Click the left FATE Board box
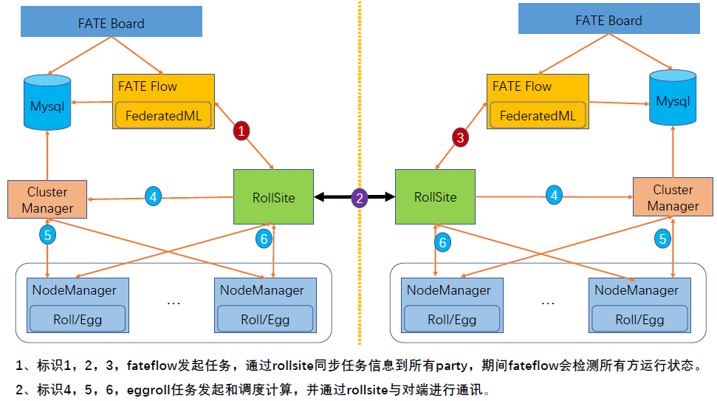coord(111,23)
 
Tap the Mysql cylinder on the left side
coord(47,105)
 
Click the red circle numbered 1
coord(242,131)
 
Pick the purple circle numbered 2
coord(360,197)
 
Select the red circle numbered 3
coord(461,137)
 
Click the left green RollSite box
coord(273,197)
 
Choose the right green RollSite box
coord(435,197)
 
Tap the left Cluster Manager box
coord(47,199)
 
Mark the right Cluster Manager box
coord(673,197)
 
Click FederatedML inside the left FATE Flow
coord(163,115)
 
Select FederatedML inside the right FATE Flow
coord(537,115)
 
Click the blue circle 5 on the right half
coord(662,239)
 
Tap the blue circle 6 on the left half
coord(264,239)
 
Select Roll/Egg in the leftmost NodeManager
coord(78,320)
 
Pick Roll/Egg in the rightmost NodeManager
coord(640,320)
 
